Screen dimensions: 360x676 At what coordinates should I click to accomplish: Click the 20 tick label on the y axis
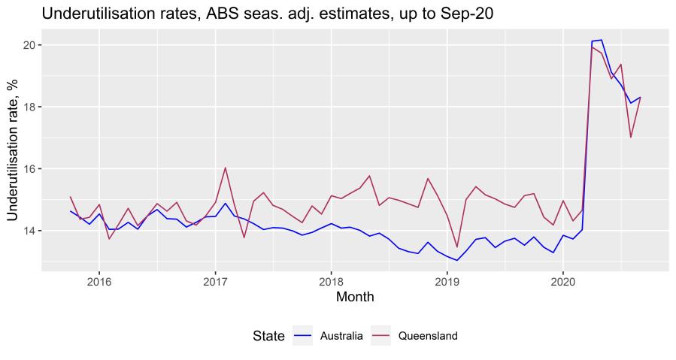pyautogui.click(x=29, y=45)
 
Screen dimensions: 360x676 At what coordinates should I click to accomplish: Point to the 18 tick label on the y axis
pyautogui.click(x=29, y=107)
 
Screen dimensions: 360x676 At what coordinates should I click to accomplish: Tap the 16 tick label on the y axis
pyautogui.click(x=29, y=168)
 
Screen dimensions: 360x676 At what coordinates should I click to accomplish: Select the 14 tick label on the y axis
pyautogui.click(x=29, y=230)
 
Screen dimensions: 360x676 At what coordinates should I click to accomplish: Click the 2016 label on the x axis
pyautogui.click(x=99, y=282)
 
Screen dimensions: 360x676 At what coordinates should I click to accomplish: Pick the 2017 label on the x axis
pyautogui.click(x=215, y=282)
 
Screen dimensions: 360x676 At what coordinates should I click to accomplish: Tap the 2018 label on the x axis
pyautogui.click(x=331, y=282)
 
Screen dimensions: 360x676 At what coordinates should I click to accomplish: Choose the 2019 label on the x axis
pyautogui.click(x=447, y=282)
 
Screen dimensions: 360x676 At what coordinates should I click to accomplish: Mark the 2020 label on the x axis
pyautogui.click(x=563, y=282)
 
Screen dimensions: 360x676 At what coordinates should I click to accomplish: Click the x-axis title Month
pyautogui.click(x=355, y=298)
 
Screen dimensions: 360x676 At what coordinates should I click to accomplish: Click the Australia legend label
pyautogui.click(x=341, y=336)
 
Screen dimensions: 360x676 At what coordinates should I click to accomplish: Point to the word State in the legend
pyautogui.click(x=268, y=336)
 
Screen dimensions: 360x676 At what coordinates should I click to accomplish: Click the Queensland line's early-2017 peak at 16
pyautogui.click(x=225, y=168)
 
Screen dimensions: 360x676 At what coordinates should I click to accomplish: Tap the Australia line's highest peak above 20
pyautogui.click(x=602, y=40)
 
